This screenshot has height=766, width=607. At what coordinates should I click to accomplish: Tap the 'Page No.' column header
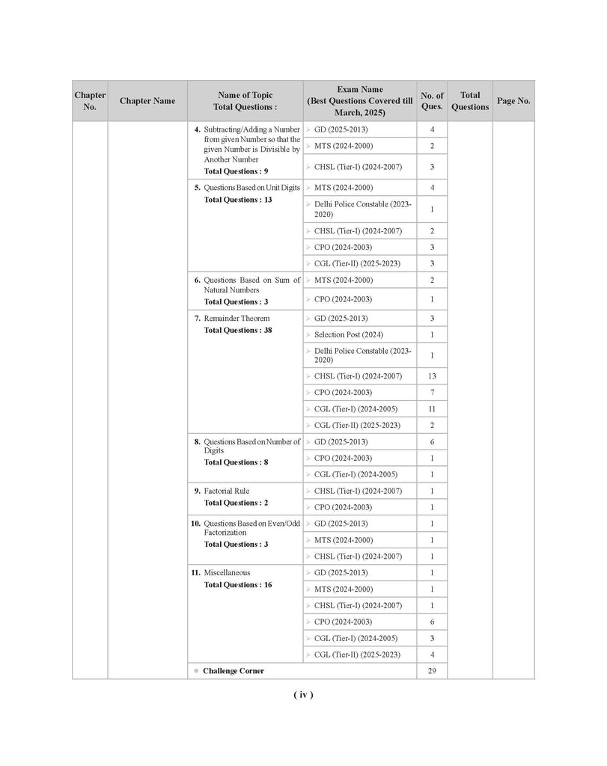[513, 101]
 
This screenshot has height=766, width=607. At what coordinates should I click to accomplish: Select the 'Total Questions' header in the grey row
[470, 101]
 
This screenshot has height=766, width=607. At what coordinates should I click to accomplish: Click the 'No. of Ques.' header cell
[432, 101]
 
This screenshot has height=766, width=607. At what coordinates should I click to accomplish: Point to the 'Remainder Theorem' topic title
[237, 319]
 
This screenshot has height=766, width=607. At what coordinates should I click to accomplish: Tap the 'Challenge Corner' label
[233, 671]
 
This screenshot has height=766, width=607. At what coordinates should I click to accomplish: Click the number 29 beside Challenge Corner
[432, 671]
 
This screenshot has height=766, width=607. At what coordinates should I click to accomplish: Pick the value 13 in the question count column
[432, 376]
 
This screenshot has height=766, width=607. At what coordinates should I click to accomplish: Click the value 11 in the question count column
[432, 409]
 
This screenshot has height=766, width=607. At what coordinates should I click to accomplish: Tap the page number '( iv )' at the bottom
[303, 695]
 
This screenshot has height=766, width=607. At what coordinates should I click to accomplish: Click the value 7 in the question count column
[432, 393]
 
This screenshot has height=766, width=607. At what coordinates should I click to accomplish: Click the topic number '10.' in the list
[195, 524]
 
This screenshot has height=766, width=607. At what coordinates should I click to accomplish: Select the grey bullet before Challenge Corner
[196, 671]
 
